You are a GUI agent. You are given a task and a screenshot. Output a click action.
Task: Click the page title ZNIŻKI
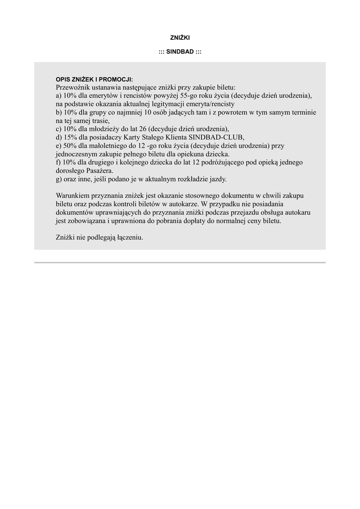(x=180, y=37)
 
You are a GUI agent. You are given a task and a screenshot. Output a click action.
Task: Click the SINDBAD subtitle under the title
(x=180, y=52)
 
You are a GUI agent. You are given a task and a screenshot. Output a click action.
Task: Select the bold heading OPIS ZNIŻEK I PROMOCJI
(x=94, y=80)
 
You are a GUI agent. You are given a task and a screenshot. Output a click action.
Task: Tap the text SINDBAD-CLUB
(x=220, y=137)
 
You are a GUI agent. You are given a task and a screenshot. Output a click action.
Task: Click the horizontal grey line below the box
(x=180, y=262)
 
